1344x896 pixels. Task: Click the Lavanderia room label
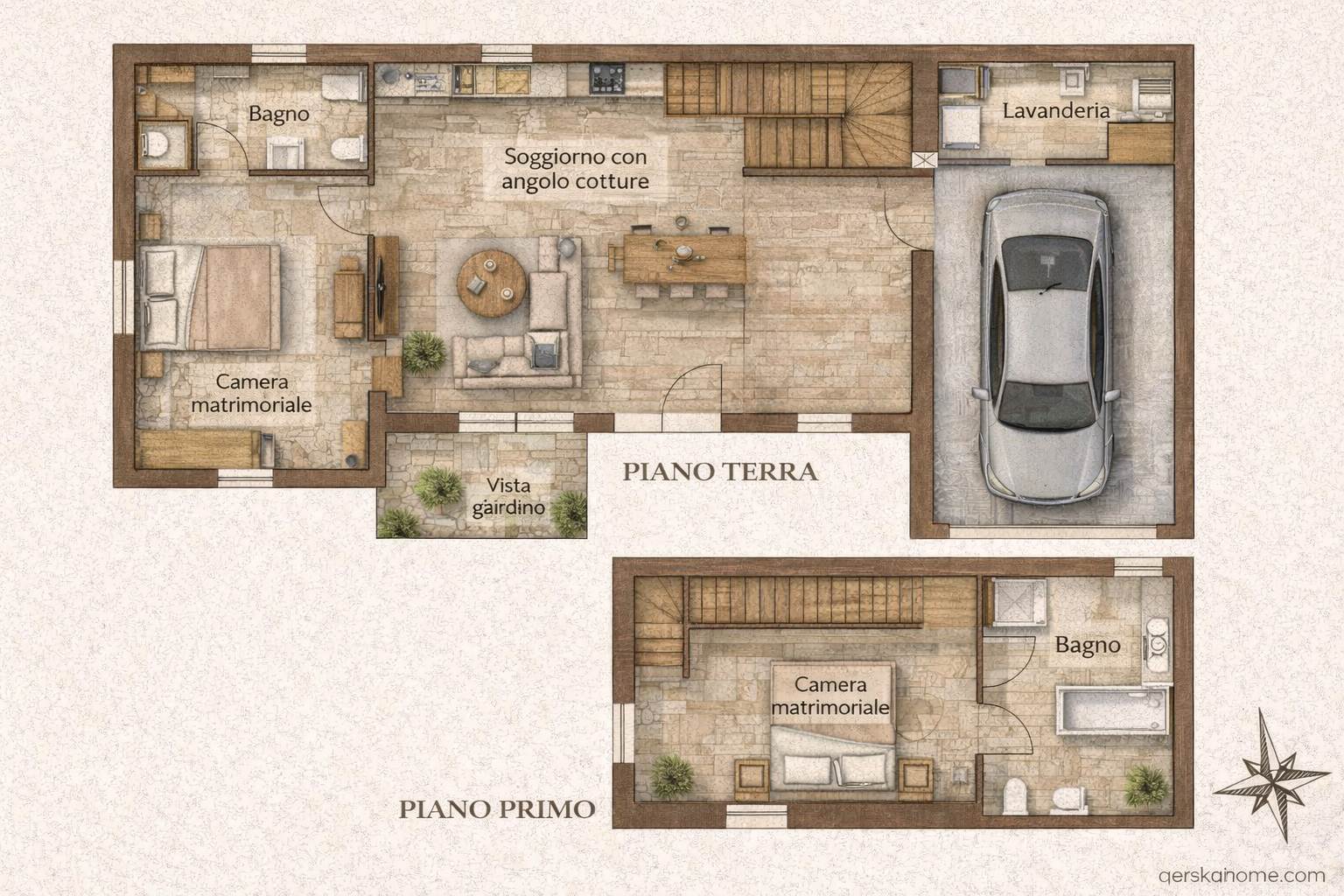(x=1056, y=111)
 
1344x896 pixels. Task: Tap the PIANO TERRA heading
(x=720, y=472)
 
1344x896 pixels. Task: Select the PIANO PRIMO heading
(x=497, y=809)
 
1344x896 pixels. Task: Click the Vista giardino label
(x=508, y=497)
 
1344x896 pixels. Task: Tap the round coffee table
(x=492, y=283)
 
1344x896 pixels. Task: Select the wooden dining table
(x=684, y=259)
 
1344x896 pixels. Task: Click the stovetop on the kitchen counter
(x=607, y=79)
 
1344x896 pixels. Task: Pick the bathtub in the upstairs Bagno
(x=1112, y=710)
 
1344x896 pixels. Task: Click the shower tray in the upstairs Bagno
(x=1018, y=603)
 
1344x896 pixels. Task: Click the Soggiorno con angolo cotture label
(x=576, y=169)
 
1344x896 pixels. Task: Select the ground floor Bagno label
(x=279, y=114)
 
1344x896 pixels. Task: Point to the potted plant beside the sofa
(x=423, y=353)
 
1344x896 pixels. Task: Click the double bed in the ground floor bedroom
(x=209, y=297)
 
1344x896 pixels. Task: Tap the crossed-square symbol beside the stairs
(x=924, y=159)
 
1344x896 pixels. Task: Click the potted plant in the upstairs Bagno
(x=1146, y=785)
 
